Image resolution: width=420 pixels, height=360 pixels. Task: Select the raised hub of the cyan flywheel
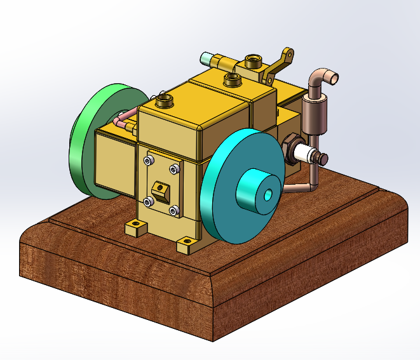click(x=254, y=191)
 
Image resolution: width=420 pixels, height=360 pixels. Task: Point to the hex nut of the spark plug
click(x=291, y=147)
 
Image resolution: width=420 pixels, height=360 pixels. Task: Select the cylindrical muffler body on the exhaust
click(x=314, y=114)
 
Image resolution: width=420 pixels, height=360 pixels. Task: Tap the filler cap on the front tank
click(x=165, y=100)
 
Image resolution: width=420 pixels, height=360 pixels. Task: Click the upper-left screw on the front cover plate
click(x=148, y=162)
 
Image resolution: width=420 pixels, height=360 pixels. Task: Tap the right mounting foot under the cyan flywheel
click(x=186, y=243)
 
